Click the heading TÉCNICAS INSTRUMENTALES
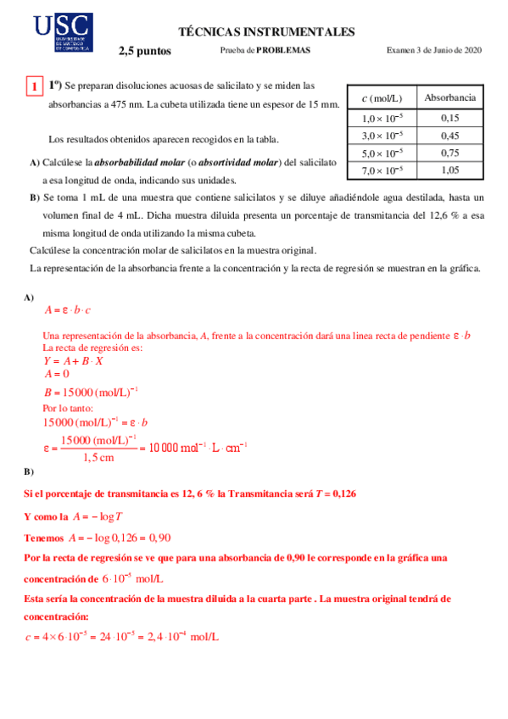pos(266,32)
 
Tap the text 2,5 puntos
pos(145,51)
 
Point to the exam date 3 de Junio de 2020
pos(444,51)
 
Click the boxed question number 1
pos(33,86)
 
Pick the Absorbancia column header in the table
pos(449,98)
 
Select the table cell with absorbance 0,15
pos(449,119)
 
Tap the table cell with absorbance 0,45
pos(449,136)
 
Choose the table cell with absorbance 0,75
pos(449,153)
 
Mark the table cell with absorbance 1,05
pos(449,170)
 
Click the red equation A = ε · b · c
pos(68,310)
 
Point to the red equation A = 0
pos(57,373)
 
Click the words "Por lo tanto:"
pos(68,408)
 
